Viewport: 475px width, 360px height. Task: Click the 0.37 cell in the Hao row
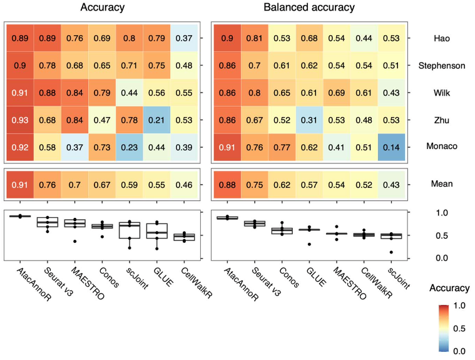point(183,38)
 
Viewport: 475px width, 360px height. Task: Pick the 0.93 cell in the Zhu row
point(20,120)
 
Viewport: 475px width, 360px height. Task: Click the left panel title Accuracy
point(101,8)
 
